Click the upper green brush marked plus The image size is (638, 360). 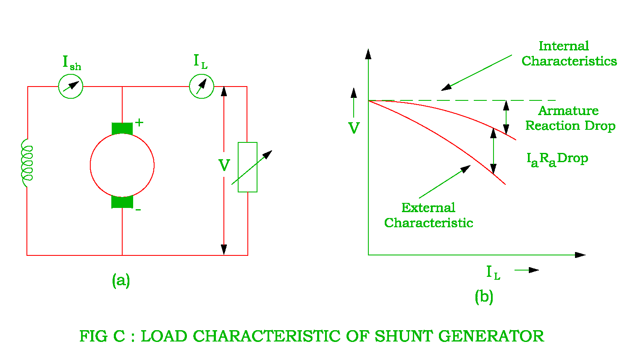(122, 129)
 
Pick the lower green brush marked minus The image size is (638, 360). (122, 202)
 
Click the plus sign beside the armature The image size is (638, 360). (139, 123)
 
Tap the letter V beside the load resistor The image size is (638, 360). (224, 165)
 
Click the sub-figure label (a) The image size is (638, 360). (121, 281)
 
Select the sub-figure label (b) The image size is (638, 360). (484, 297)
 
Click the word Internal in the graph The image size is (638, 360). (564, 46)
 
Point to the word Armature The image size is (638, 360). (568, 111)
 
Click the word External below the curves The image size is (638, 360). (428, 208)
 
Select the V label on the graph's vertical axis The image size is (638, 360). (354, 128)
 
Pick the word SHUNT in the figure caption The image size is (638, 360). (404, 336)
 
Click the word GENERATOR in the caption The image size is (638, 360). (491, 336)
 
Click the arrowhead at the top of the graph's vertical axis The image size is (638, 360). (368, 54)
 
